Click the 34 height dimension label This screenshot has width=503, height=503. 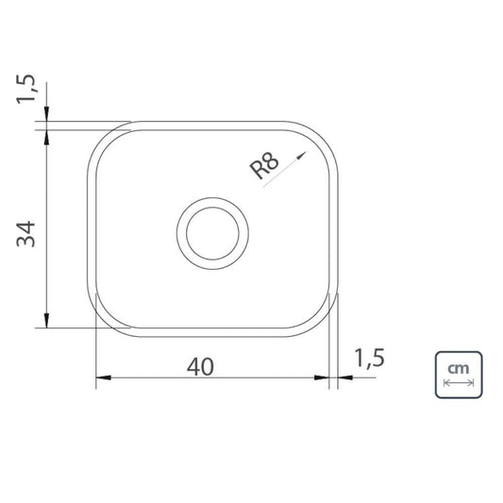(x=25, y=233)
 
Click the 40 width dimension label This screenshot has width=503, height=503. (x=200, y=367)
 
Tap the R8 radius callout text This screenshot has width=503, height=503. (x=264, y=165)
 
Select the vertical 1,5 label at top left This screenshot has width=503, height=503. (x=25, y=89)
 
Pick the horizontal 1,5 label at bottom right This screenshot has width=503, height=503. (x=369, y=359)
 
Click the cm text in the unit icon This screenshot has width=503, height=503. (x=459, y=369)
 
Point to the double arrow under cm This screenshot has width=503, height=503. (x=459, y=382)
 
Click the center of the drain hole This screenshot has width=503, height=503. (x=212, y=233)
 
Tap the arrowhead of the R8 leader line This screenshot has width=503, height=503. (x=302, y=156)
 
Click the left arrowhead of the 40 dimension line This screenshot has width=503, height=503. (x=103, y=377)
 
